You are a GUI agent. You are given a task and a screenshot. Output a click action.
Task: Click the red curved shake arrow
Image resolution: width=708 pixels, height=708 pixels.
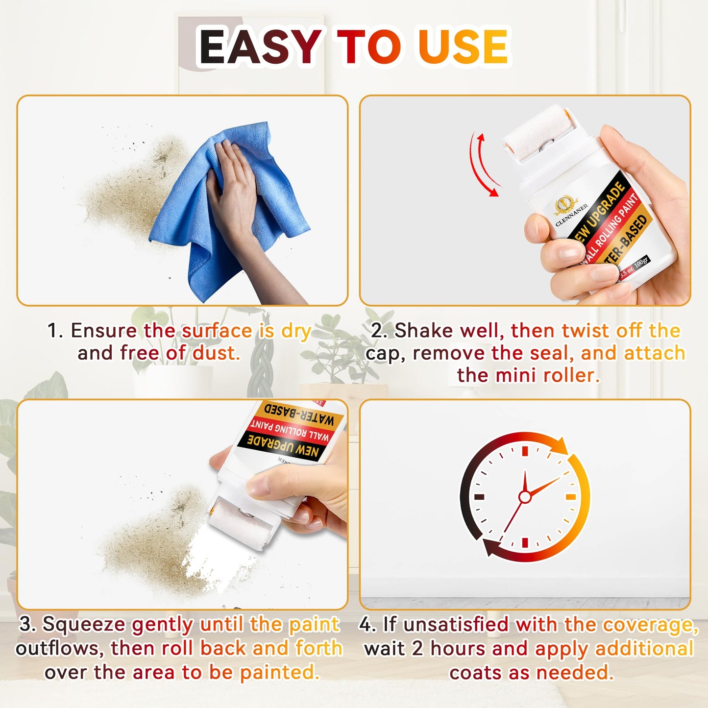[x=483, y=164]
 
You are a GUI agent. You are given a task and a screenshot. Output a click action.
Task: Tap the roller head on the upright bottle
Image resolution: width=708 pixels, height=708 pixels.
[x=534, y=132]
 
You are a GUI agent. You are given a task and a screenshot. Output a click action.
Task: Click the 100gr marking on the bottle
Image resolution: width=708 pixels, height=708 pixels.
[x=641, y=263]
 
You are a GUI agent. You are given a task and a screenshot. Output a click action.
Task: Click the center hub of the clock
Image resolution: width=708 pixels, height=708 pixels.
[x=525, y=497]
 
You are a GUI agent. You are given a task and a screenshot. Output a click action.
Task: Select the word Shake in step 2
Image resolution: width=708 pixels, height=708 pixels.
[x=424, y=331]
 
